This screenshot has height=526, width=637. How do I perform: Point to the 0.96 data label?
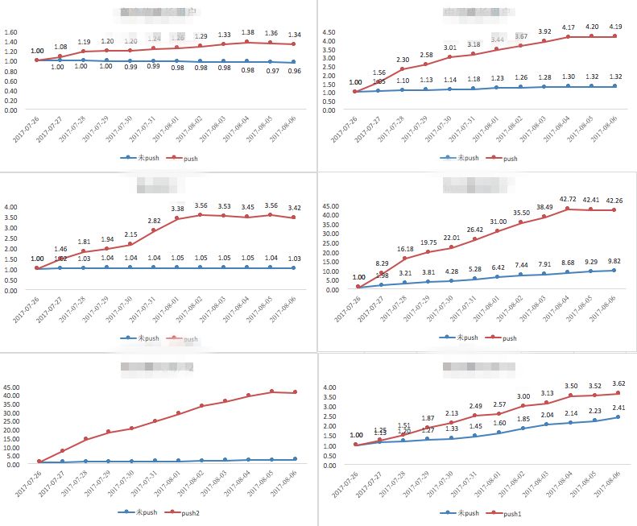294,71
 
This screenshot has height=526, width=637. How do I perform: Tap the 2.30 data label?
403,59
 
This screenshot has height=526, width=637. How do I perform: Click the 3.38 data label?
178,209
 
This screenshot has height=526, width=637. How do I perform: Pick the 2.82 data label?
153,221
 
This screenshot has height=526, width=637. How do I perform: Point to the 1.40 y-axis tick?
12,42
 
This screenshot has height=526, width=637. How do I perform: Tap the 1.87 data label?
427,418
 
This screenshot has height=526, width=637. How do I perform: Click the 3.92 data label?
544,32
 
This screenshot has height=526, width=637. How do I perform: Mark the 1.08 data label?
60,47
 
